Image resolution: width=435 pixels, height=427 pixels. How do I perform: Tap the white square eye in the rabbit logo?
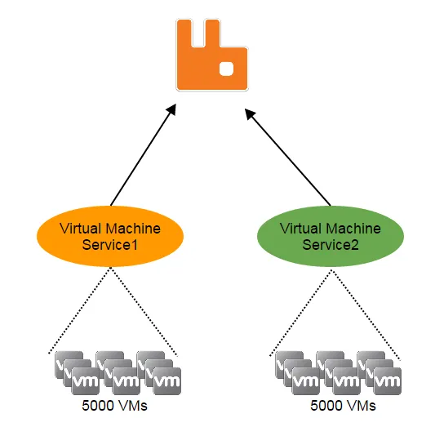226,69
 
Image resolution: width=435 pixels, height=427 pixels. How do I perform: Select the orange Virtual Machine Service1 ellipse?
110,237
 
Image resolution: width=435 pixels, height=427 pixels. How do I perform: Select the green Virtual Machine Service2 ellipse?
331,237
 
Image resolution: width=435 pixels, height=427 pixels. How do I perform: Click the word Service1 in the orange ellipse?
110,245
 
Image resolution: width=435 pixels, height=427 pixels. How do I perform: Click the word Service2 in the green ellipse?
331,245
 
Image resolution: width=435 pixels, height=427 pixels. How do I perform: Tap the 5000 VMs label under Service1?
114,406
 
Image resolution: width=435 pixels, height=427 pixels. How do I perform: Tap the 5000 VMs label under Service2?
343,406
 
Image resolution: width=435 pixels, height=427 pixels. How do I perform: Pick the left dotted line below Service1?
80,310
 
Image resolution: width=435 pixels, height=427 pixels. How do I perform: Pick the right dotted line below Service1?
144,311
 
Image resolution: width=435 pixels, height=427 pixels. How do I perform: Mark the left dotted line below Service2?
300,313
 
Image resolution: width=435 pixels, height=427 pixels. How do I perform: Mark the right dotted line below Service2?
366,314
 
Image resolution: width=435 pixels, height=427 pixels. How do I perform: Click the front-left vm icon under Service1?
86,381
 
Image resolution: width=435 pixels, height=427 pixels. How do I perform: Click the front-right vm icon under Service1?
167,381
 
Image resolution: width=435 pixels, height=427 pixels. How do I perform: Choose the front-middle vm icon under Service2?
347,381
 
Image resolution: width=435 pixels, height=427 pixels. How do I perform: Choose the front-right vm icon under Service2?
388,381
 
